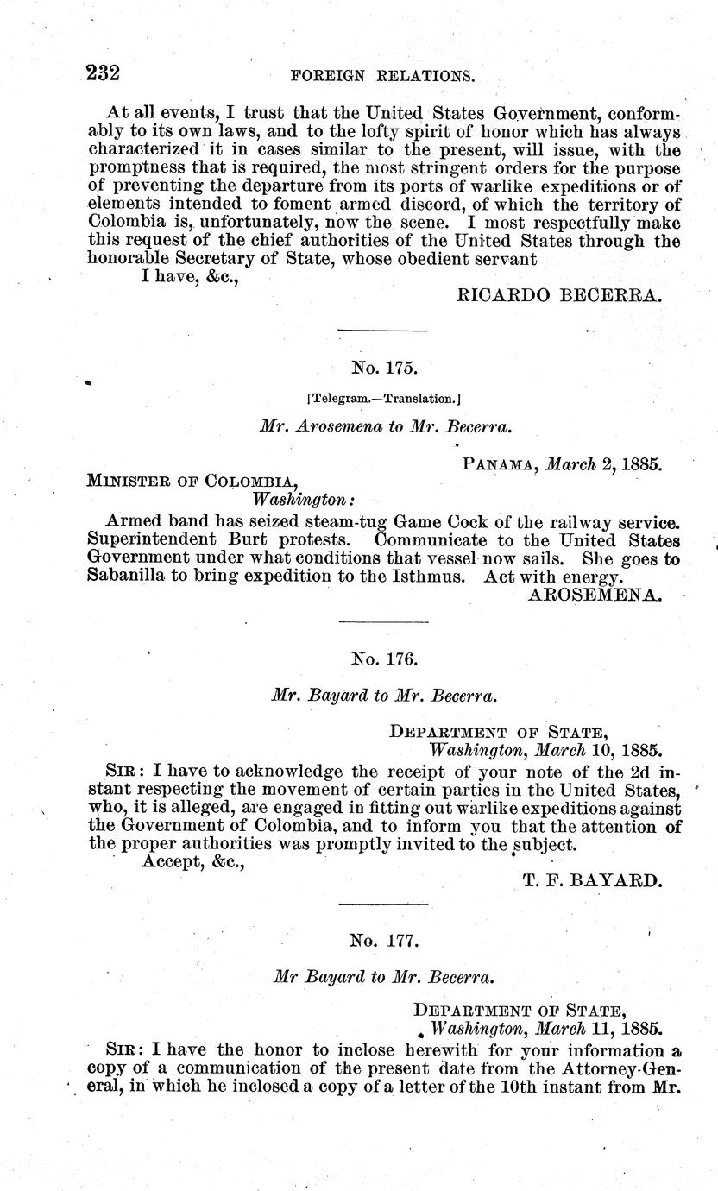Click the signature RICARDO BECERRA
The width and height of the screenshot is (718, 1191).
tap(558, 295)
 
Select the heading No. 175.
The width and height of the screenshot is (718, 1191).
tap(384, 369)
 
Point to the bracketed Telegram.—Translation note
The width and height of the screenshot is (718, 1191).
tap(384, 399)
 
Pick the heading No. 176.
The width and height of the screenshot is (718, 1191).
tap(384, 659)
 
